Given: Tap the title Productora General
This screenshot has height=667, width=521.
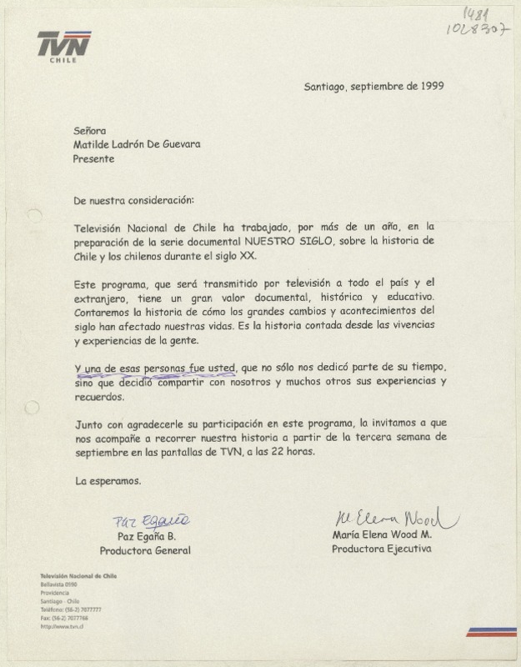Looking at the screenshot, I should (145, 550).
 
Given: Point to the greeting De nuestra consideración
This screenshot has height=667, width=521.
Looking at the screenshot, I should (133, 201).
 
